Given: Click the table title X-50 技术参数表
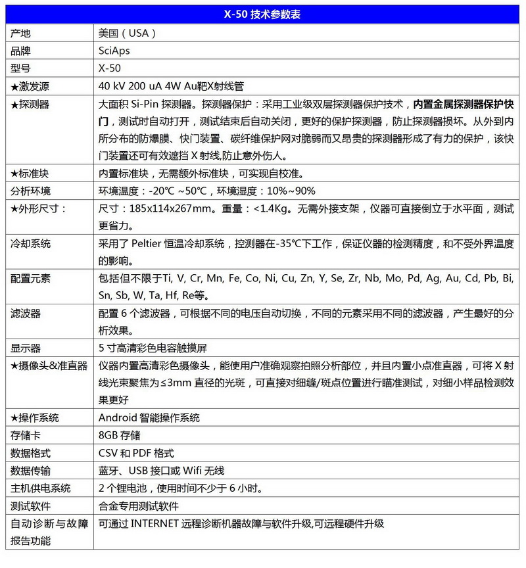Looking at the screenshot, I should click(262, 14).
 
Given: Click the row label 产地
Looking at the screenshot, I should click(20, 33).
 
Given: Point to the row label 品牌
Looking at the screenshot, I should click(20, 51).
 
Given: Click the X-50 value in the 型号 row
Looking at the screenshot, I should click(109, 68).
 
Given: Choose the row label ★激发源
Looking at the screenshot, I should click(30, 85).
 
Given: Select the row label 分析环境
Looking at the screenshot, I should click(30, 191).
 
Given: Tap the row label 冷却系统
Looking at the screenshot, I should click(30, 244).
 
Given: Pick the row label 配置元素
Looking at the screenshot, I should click(30, 279).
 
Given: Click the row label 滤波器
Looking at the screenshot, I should click(25, 314).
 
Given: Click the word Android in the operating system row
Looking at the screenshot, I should click(118, 417).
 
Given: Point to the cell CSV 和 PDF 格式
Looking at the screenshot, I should click(136, 453).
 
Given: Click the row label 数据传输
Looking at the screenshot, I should click(30, 471).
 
